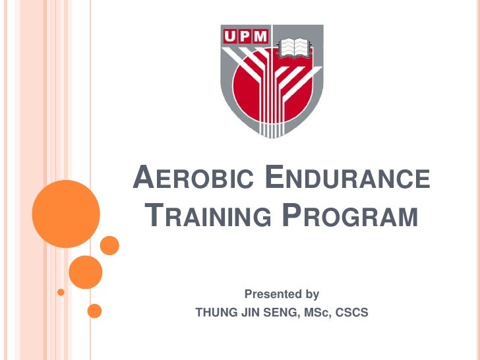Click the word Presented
tap(270, 294)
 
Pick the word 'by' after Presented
tap(309, 294)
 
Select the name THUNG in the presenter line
tap(215, 312)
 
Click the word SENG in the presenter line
tap(280, 312)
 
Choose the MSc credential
tap(316, 312)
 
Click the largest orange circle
tap(65, 214)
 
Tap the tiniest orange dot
tap(61, 291)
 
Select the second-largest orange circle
tap(85, 272)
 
